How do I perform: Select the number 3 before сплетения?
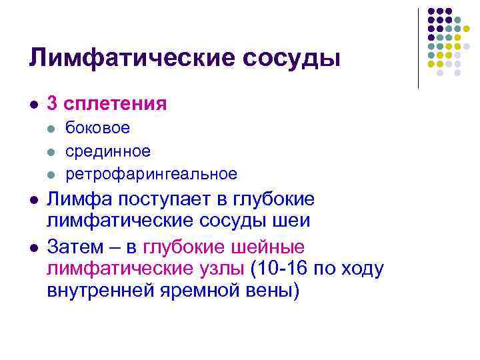[x=52, y=104]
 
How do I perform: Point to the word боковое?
[x=97, y=128]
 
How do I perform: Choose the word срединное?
[x=107, y=151]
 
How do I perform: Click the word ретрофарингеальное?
[x=151, y=175]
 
